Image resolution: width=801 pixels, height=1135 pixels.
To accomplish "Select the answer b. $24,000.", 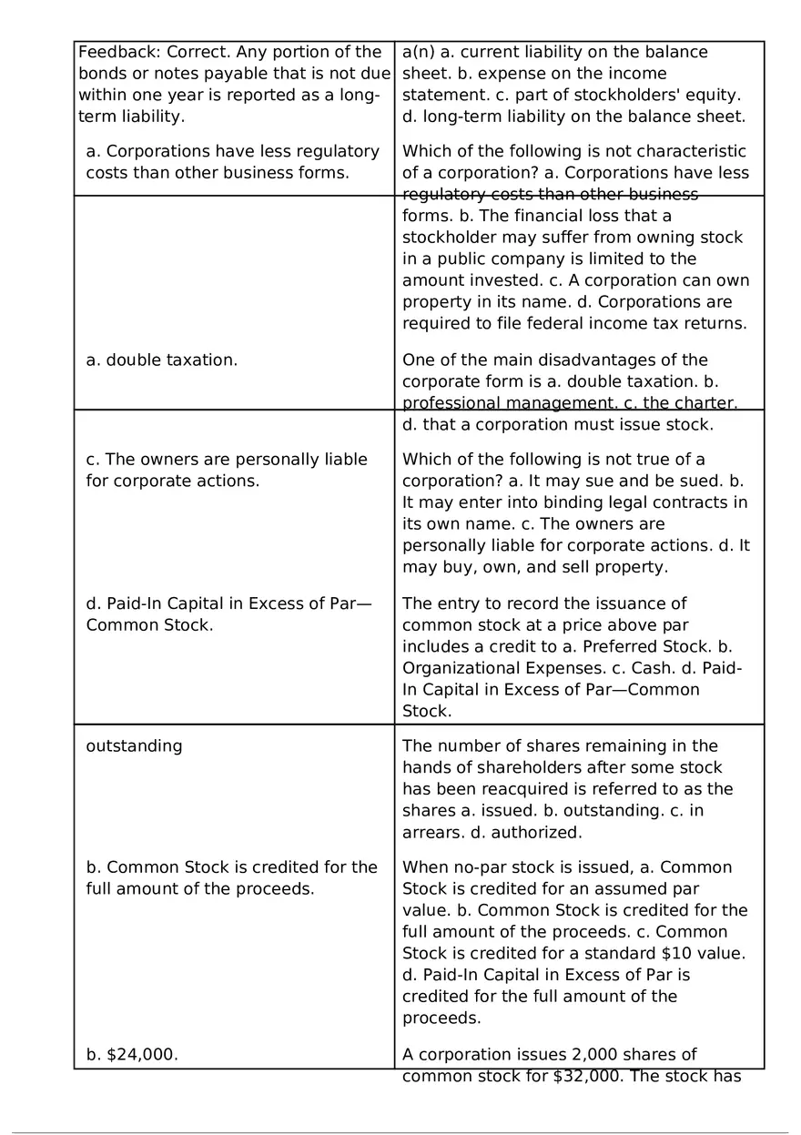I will (132, 1054).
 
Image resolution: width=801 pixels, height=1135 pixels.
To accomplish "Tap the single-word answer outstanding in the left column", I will (134, 746).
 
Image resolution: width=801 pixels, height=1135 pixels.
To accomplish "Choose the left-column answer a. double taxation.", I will (162, 360).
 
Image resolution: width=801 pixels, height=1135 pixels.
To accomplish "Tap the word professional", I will (446, 403).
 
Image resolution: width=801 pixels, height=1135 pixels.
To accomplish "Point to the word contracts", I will (677, 502).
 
